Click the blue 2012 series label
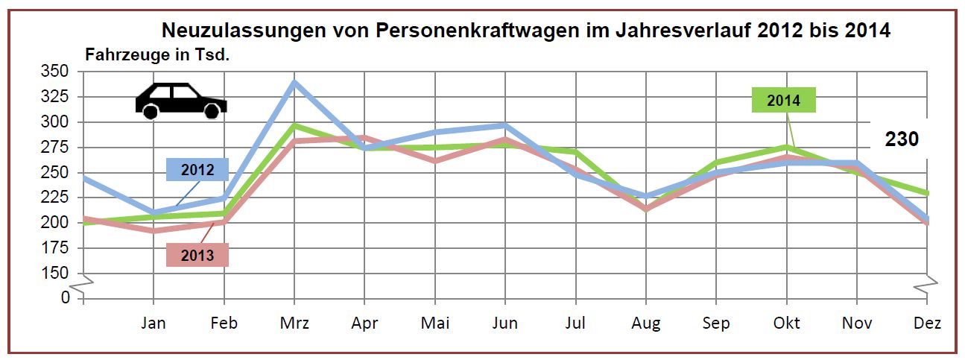(197, 170)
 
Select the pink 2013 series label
(197, 256)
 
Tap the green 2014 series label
(783, 101)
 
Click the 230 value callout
(902, 139)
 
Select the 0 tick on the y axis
(65, 297)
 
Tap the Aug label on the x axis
(646, 323)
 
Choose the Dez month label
(927, 323)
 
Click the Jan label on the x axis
(154, 323)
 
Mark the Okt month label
(787, 323)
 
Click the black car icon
(180, 100)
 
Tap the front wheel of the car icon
(212, 111)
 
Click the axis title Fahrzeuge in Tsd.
(156, 54)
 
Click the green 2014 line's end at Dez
(927, 193)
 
